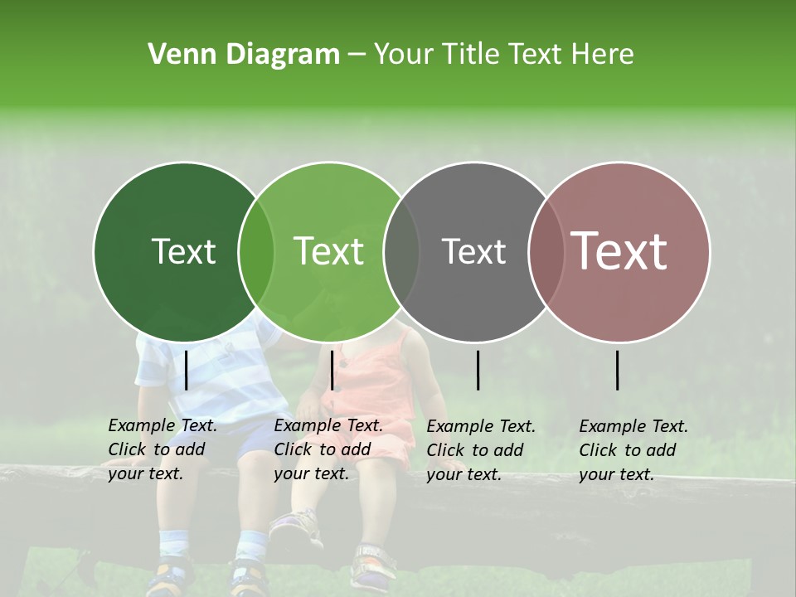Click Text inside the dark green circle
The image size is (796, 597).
183,251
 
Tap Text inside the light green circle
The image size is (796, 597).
328,251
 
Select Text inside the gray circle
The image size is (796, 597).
473,251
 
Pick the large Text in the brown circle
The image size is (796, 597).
619,251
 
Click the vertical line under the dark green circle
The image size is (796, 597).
186,370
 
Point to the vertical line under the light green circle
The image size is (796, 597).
332,370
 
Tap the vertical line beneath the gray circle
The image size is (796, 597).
478,370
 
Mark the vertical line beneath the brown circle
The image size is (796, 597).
617,370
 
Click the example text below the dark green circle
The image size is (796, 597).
162,449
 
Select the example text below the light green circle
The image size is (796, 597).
328,449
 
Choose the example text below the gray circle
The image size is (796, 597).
480,450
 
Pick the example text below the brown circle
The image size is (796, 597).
633,450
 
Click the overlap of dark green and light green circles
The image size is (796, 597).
256,251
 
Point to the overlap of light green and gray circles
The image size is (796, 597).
401,251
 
